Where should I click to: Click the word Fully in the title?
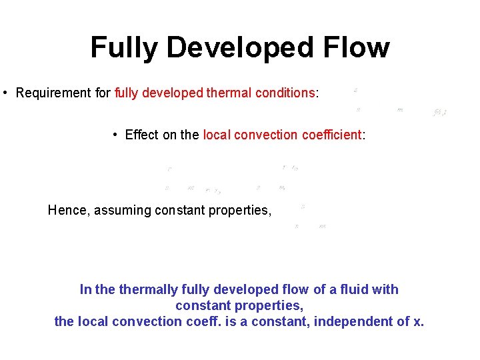[124, 48]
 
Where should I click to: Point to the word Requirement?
[54, 93]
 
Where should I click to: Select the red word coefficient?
[330, 135]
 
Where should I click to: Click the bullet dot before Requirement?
[5, 93]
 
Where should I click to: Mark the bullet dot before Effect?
[115, 135]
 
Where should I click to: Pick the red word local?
[216, 135]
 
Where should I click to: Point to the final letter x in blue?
[417, 321]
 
